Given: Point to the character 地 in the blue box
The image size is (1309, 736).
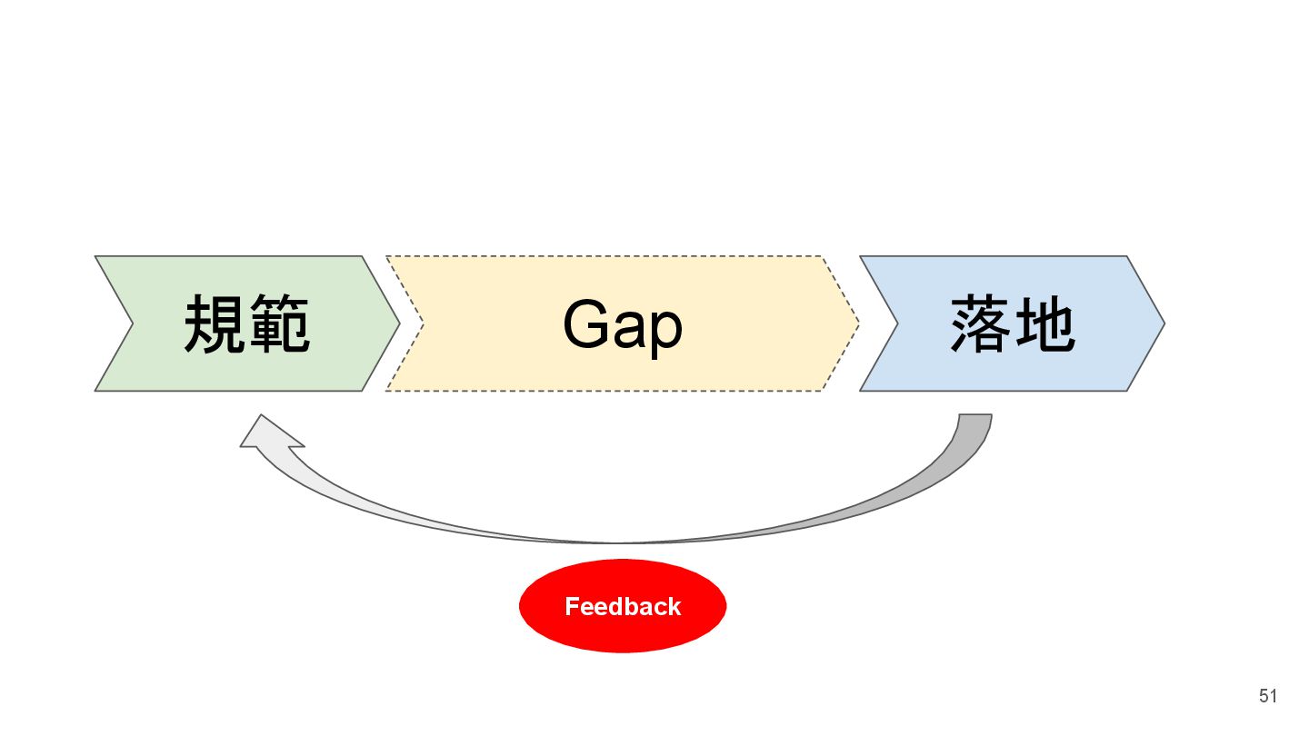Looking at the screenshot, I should pos(1045,324).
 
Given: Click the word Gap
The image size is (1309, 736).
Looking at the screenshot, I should pos(623,325).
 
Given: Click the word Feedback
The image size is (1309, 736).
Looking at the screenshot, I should pos(623,606).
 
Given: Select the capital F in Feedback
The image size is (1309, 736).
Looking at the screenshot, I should pos(571,606).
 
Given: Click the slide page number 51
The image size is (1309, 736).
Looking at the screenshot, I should pos(1268,696).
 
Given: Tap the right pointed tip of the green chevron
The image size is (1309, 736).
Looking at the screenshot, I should pos(398,323).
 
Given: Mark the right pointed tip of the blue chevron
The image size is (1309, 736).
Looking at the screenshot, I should pos(1163,323).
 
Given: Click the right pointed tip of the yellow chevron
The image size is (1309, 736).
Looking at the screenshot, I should pos(857,323).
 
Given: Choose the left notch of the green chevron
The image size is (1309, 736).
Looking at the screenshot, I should pos(132,323).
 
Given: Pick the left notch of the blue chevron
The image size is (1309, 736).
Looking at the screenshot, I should pos(896,323).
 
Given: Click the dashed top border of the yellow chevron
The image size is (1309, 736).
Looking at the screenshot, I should pos(605,256).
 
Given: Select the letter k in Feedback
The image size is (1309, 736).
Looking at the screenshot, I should pos(674,606).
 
